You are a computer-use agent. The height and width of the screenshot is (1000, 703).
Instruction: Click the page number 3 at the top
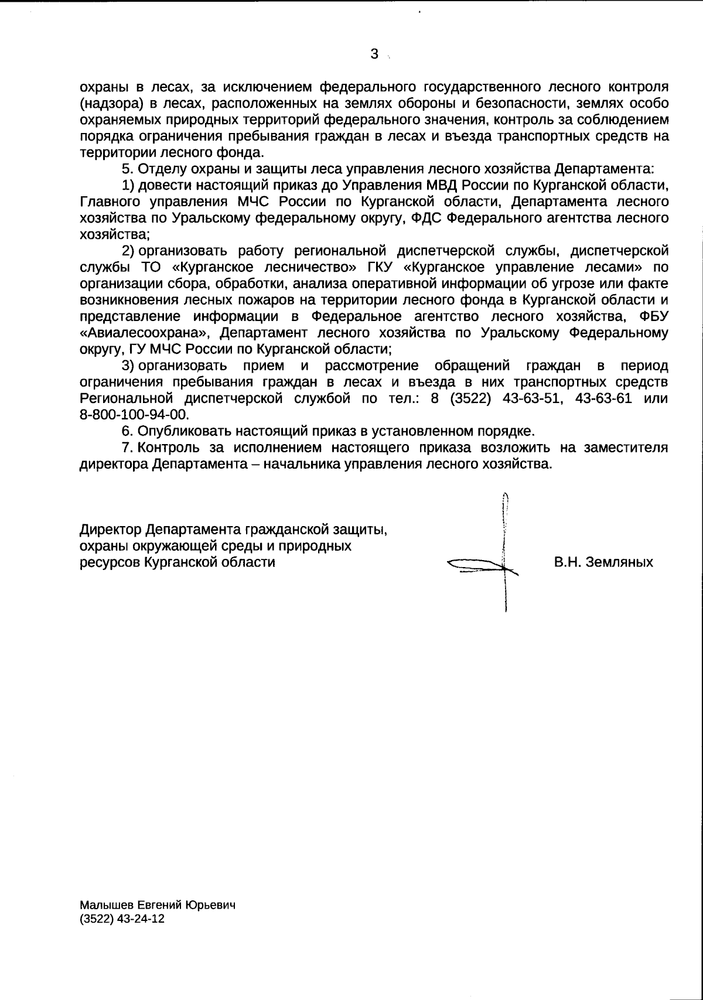coord(374,54)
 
